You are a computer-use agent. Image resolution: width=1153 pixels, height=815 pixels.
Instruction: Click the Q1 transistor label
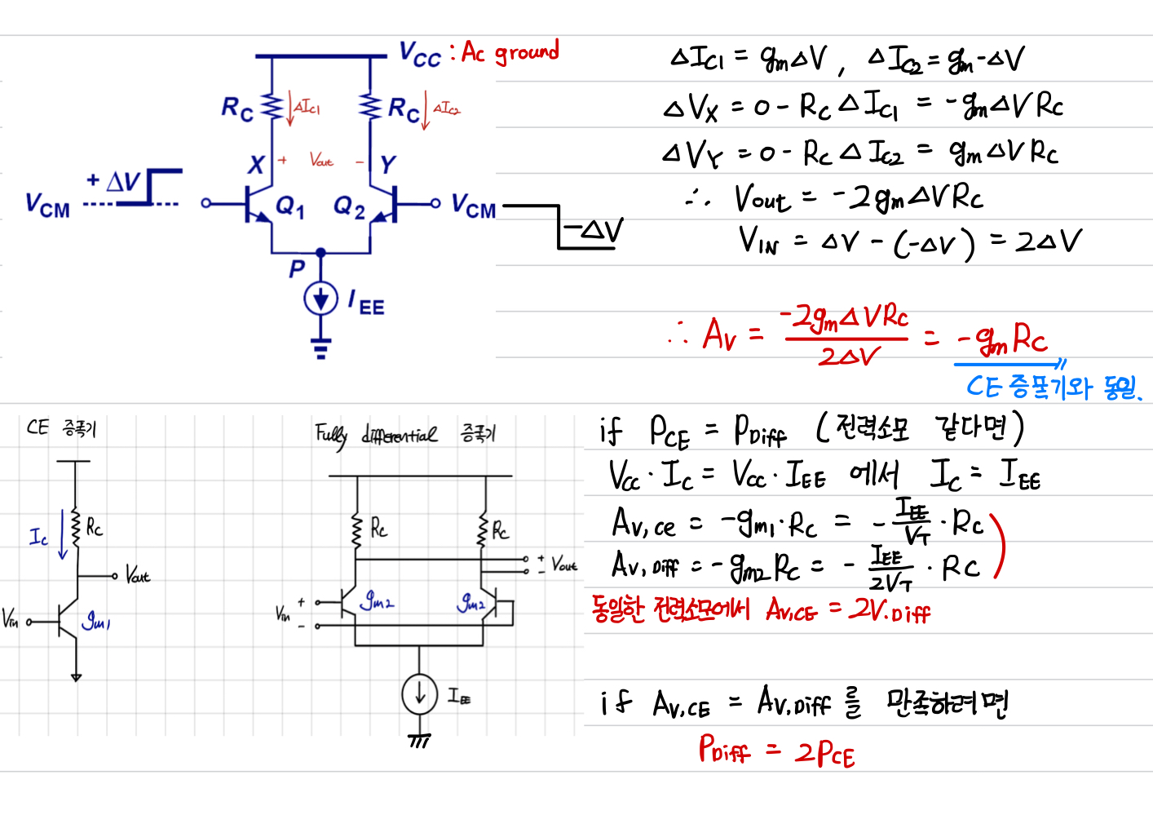(290, 207)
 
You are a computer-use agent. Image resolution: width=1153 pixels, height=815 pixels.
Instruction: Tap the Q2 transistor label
(349, 207)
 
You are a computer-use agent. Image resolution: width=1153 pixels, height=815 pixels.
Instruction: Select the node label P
(297, 268)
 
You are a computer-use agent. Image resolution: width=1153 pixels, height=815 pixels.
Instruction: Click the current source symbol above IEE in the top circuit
(321, 299)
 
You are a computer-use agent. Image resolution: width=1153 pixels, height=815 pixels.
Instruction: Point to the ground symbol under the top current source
(321, 348)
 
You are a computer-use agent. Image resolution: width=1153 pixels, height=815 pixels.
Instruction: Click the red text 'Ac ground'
(510, 53)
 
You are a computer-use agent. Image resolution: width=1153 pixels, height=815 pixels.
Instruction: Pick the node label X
(256, 165)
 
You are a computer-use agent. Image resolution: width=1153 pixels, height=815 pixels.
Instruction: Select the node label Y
(388, 165)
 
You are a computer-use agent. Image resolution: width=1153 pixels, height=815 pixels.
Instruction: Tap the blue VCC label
(420, 55)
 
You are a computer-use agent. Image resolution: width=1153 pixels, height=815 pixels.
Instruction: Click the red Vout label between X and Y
(321, 161)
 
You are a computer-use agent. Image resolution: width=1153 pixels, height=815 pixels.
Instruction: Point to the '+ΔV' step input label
(114, 181)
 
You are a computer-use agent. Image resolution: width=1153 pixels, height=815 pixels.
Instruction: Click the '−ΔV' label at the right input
(594, 231)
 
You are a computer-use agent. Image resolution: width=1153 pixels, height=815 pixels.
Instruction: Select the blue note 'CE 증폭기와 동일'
(1052, 387)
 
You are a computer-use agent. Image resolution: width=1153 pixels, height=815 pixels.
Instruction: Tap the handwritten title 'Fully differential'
(376, 434)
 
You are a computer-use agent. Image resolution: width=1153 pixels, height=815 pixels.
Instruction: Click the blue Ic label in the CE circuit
(38, 537)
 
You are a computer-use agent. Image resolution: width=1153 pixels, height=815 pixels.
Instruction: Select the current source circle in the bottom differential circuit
(419, 695)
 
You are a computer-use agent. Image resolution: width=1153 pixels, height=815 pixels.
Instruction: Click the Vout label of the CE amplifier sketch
(138, 576)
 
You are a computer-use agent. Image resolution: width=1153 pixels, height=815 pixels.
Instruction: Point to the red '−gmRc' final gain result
(1002, 339)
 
